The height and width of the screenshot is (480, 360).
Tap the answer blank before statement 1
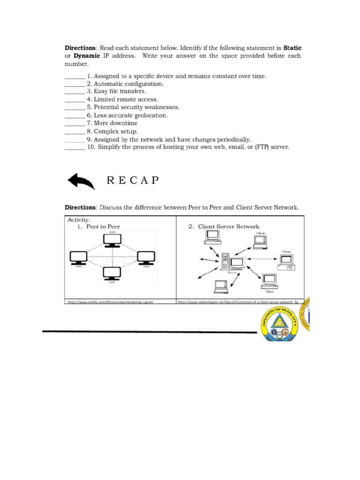click(x=74, y=76)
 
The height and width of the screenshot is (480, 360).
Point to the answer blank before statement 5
click(x=74, y=107)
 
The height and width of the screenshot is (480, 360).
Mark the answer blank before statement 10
click(x=74, y=147)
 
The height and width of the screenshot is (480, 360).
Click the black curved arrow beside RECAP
click(x=81, y=181)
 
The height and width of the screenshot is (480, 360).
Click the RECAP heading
click(x=133, y=180)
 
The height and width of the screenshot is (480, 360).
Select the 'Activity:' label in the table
click(x=79, y=219)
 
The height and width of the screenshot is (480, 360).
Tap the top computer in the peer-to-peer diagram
click(x=112, y=240)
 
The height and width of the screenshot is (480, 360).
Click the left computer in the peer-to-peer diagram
click(x=78, y=257)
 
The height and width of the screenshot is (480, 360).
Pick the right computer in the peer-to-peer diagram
click(x=146, y=257)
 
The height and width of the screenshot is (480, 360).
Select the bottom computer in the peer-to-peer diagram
click(x=112, y=273)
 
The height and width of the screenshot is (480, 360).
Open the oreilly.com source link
click(x=111, y=302)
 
